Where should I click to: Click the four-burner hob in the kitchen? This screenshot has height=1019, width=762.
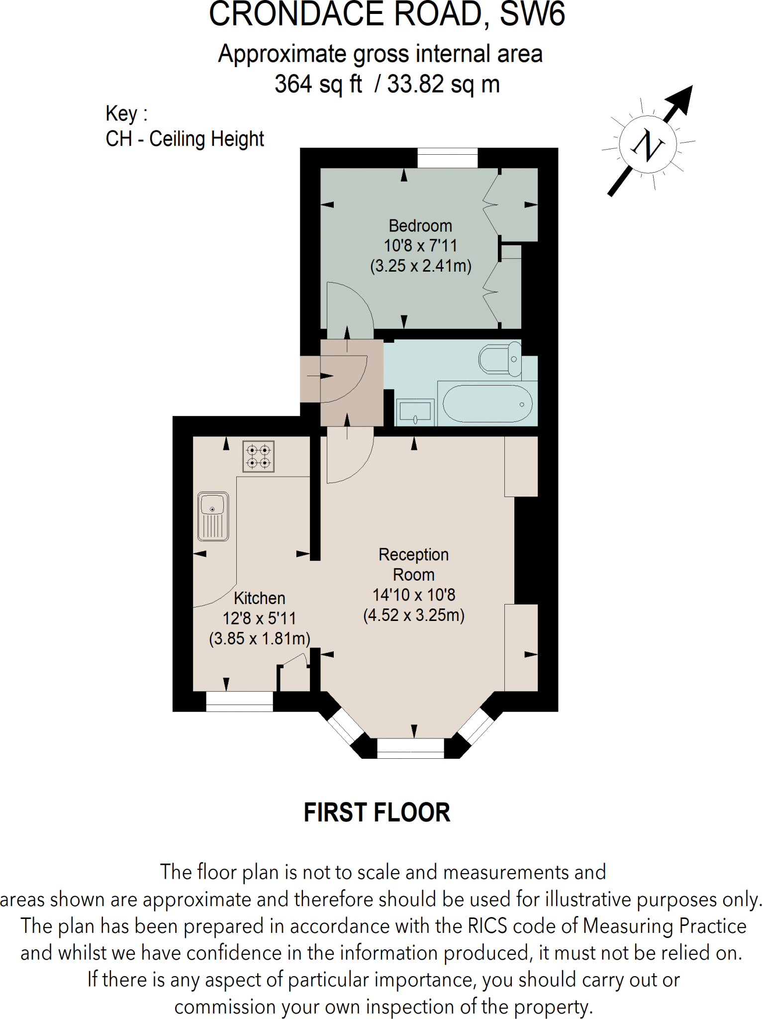point(259,456)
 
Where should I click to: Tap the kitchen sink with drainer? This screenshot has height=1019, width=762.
point(213,516)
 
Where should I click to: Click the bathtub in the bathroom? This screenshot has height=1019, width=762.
point(487,404)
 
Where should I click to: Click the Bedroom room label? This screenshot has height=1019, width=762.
point(420,226)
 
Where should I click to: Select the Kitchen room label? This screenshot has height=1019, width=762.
point(259,598)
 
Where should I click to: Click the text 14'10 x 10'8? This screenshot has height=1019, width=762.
point(414,595)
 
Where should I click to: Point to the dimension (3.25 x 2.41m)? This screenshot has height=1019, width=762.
point(420,266)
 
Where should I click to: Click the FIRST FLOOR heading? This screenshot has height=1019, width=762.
point(377,813)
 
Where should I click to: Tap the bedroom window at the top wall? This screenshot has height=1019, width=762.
point(447,158)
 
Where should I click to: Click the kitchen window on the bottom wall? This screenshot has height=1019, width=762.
point(239,701)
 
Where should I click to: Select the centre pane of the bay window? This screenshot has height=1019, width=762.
point(410,748)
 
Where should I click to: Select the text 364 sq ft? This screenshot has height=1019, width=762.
point(318,84)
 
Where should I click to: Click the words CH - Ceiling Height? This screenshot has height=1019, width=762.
point(185,139)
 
